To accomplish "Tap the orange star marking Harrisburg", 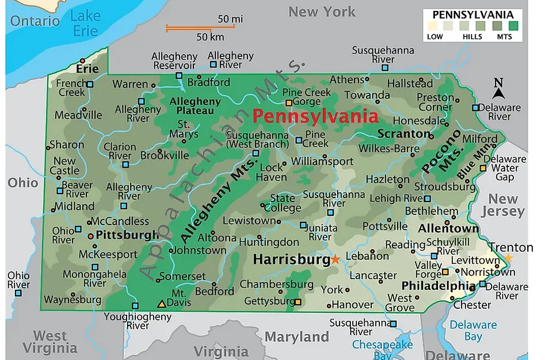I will point(336,260).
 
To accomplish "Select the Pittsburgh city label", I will point(127,235).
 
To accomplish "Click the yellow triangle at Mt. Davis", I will point(162,304).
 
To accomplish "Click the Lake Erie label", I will point(85,23).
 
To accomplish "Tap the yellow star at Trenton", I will point(508,258).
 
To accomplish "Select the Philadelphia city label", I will point(438,286).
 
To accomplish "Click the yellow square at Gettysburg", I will point(297,301).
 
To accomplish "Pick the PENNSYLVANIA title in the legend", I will point(472,14).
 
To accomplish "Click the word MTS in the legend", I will point(505,36).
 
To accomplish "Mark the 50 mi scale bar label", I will point(230,19).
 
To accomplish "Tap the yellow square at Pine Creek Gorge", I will point(289,103).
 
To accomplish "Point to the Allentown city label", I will point(448,229).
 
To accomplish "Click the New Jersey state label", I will point(506,205).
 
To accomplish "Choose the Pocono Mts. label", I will point(443,151).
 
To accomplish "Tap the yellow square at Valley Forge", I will point(445,272).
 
